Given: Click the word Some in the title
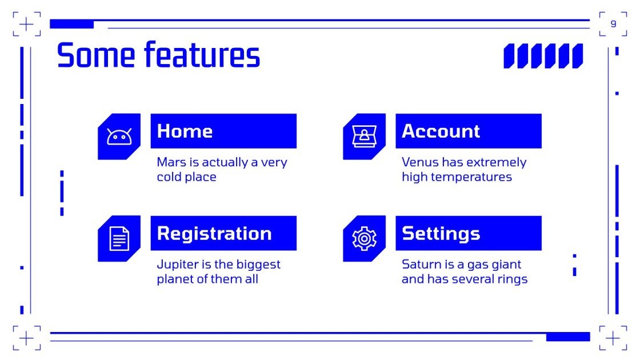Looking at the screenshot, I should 96,55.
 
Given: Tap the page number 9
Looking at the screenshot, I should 613,24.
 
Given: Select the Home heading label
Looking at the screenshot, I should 185,131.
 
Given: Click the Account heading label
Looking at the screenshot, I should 441,131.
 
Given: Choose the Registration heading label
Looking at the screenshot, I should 214,233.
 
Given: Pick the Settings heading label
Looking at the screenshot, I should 441,233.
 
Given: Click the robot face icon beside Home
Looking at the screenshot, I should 119,137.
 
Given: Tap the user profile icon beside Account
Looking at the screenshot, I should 364,137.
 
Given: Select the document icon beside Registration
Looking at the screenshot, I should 119,238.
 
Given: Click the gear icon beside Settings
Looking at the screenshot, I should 364,238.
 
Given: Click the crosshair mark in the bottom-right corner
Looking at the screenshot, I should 613,338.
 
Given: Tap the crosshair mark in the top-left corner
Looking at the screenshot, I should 26,24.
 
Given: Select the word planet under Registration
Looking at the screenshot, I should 174,279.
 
